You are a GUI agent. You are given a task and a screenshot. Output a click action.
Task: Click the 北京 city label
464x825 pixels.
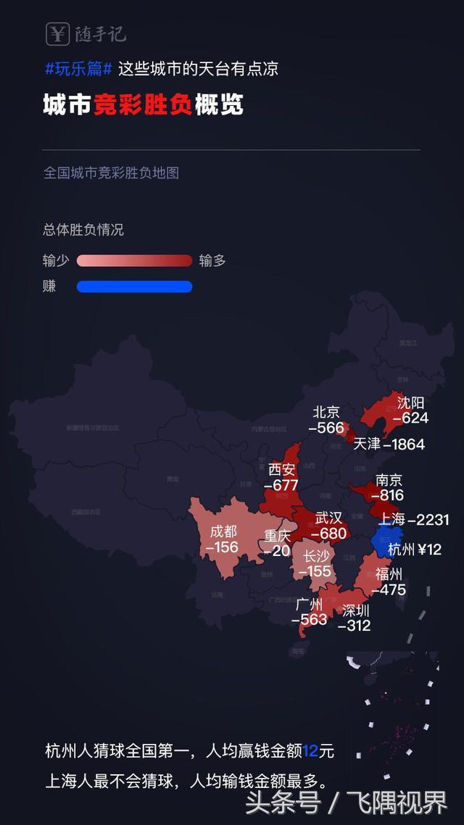point(326,412)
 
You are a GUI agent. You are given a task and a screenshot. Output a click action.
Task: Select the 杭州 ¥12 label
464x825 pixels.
point(415,550)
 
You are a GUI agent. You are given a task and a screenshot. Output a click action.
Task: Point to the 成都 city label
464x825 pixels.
point(223,531)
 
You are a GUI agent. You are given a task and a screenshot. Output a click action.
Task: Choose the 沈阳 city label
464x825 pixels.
point(411,402)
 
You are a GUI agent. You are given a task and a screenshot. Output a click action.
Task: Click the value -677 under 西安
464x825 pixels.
point(281,486)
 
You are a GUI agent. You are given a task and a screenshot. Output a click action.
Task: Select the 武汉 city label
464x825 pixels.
point(328,518)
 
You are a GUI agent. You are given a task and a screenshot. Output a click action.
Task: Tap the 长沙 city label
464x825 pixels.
point(317,556)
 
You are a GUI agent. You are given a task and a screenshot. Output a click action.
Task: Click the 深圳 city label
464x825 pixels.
point(356,610)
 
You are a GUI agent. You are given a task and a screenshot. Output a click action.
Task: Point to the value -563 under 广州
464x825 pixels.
point(310,620)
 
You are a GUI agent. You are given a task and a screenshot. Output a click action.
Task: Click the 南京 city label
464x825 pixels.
point(389,480)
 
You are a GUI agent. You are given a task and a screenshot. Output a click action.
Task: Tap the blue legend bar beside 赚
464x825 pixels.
point(134,286)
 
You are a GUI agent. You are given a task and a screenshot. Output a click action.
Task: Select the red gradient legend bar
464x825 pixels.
point(134,261)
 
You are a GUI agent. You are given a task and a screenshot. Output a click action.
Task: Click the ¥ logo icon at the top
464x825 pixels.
point(57,33)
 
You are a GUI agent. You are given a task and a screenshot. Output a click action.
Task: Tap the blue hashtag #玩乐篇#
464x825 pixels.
point(78,70)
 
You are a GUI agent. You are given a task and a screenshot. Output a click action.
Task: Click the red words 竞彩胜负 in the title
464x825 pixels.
point(142,106)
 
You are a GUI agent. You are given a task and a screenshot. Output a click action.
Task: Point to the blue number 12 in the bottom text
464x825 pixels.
point(311,751)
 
